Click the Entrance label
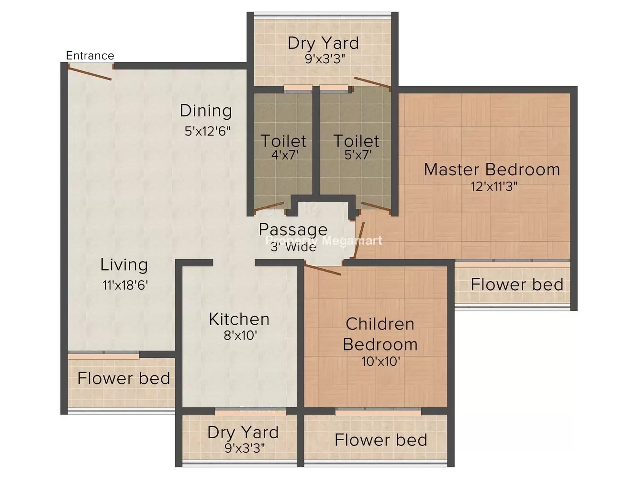(90, 56)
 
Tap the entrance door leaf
(90, 72)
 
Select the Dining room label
(206, 111)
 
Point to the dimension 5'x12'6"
(208, 131)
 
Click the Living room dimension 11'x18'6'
(125, 285)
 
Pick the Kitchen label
(239, 319)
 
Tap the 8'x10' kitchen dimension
(240, 336)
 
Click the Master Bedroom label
(492, 170)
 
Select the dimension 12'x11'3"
(494, 187)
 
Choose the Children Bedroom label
(380, 334)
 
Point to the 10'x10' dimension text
(381, 362)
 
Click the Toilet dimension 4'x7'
(285, 155)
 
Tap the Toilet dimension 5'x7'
(358, 155)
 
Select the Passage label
(293, 230)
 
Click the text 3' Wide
(293, 247)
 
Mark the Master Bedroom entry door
(359, 240)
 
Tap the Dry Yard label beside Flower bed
(243, 433)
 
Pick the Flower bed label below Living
(124, 378)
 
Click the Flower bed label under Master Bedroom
(517, 285)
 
